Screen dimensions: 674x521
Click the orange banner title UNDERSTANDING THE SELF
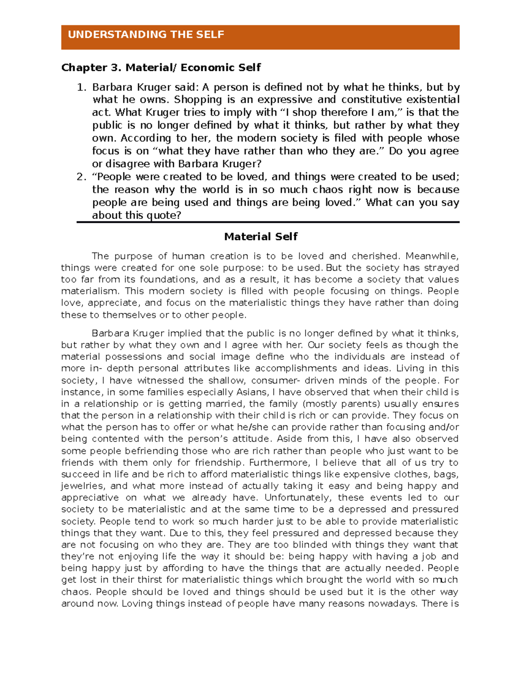click(x=146, y=35)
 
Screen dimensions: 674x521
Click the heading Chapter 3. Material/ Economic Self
click(x=161, y=68)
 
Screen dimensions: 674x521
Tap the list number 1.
click(x=81, y=87)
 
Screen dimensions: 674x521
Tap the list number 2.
click(x=81, y=177)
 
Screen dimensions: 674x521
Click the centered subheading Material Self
click(x=260, y=237)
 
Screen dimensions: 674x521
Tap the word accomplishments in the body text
click(x=297, y=368)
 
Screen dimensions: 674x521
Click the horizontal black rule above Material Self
click(x=268, y=222)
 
